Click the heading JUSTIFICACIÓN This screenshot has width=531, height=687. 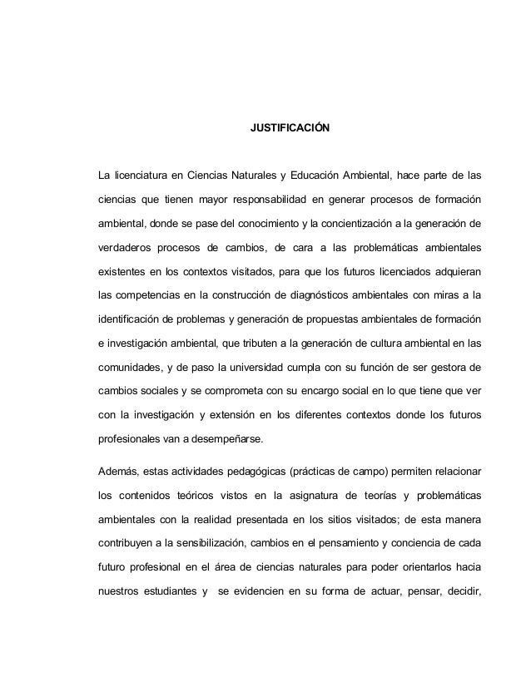click(290, 130)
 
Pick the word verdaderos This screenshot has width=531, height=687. click(123, 248)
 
